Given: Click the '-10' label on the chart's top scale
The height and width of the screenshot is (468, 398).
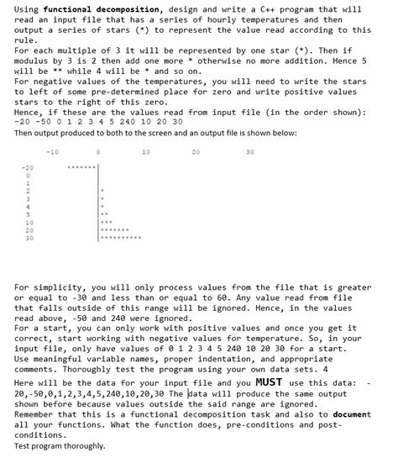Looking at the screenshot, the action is (52, 152).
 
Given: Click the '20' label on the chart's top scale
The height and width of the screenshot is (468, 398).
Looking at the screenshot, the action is (196, 152).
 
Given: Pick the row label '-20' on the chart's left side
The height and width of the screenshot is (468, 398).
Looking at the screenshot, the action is (28, 167).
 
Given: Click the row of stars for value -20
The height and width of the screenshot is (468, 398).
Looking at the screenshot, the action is (83, 167).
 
